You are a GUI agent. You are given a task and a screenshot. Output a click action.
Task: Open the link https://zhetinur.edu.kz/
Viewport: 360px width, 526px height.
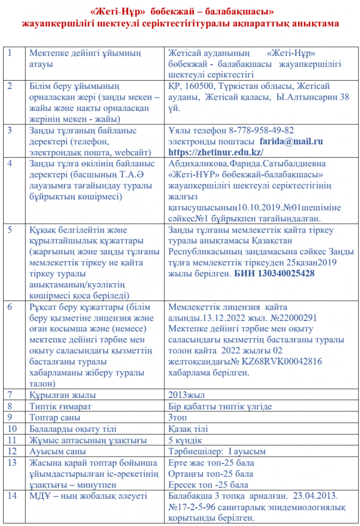click(x=216, y=152)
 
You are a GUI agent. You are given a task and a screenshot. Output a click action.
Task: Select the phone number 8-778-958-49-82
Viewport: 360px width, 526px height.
click(x=266, y=130)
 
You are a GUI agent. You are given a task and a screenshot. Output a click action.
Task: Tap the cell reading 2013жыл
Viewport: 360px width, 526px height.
click(x=186, y=395)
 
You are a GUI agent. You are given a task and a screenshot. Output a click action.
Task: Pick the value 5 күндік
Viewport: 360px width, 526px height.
click(x=185, y=440)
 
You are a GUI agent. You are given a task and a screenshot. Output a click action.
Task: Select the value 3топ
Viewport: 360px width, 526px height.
click(x=178, y=418)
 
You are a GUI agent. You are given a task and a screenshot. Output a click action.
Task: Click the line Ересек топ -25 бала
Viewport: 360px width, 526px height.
click(x=208, y=484)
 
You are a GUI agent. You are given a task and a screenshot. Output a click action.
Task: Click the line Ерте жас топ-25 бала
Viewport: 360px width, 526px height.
click(x=211, y=463)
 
